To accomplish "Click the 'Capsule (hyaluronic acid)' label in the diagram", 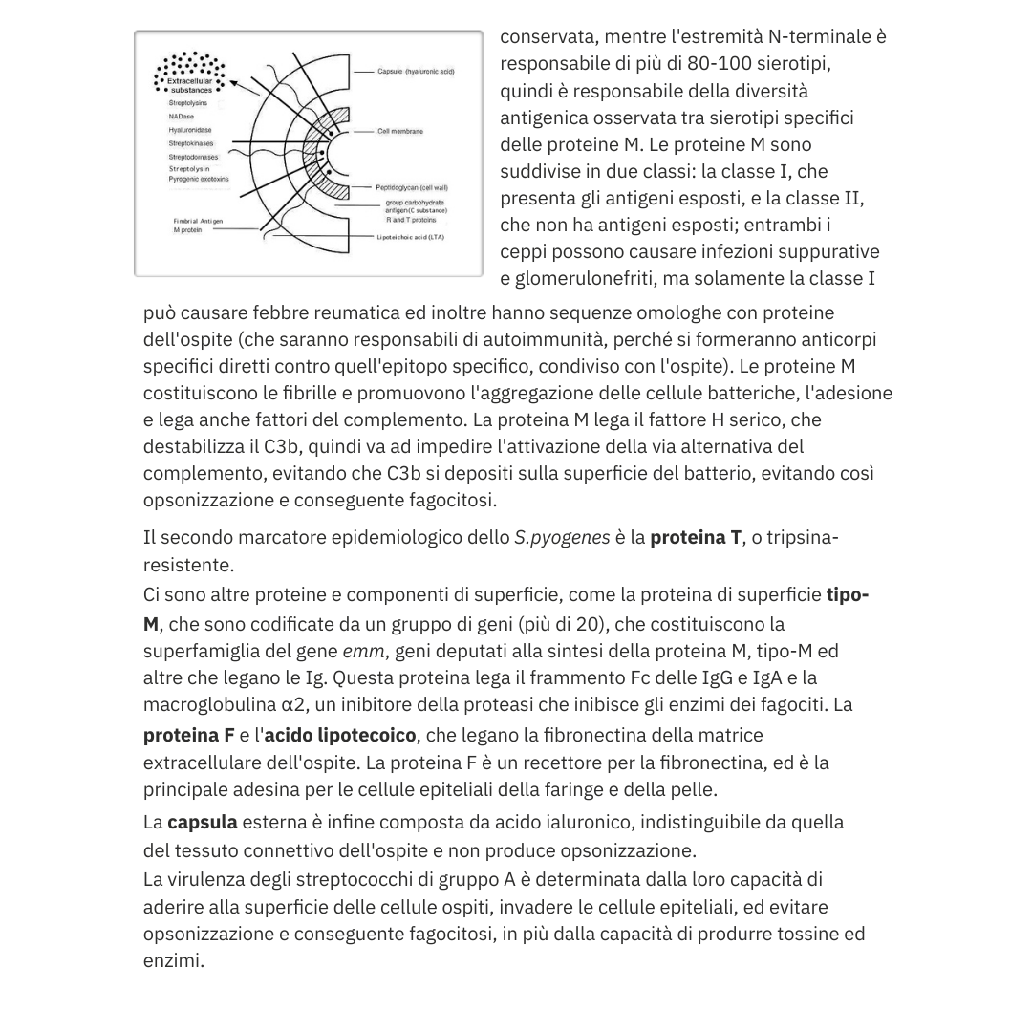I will click(416, 72).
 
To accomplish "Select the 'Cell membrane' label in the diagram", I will click(400, 131).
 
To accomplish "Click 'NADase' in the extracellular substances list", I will click(181, 116).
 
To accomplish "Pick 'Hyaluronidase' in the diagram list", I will click(190, 129).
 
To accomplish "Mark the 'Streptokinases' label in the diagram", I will click(191, 142).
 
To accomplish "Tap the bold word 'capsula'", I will click(202, 822).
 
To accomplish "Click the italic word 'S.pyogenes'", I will click(562, 537).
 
